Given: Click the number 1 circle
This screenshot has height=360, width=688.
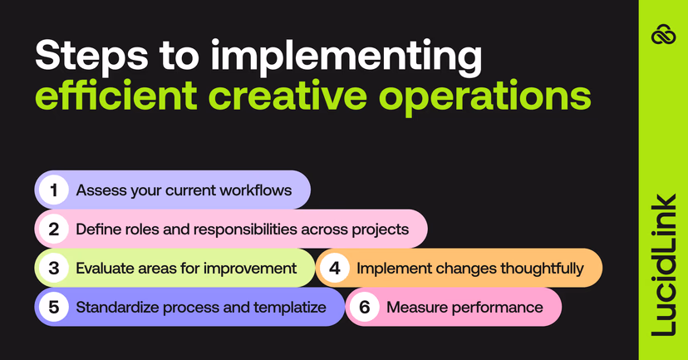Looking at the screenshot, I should tap(54, 190).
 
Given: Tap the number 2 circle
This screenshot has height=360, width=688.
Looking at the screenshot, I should tap(54, 229).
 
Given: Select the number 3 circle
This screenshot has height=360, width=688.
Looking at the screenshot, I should tap(54, 268).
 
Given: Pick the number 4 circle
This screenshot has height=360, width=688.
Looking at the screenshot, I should tap(335, 268).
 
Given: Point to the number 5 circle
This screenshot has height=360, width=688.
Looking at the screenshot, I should tap(54, 307).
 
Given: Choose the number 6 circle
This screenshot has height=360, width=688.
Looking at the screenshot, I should tap(364, 307).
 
